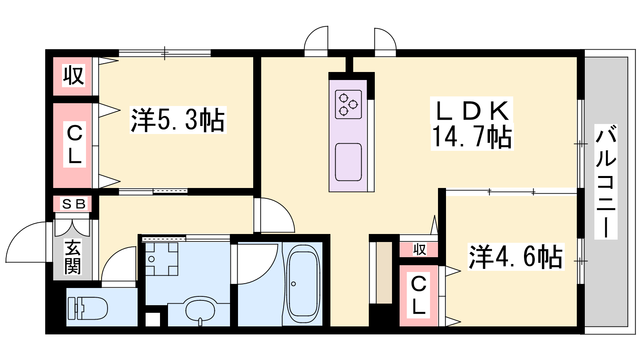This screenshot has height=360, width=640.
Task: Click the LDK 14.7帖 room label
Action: tap(472, 124)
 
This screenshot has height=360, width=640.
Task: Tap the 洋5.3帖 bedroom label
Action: tap(178, 120)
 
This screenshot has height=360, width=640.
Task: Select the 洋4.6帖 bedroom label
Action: tap(516, 256)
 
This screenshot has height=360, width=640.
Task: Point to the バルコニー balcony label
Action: tap(606, 182)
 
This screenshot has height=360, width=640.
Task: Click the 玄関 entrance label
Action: tap(72, 256)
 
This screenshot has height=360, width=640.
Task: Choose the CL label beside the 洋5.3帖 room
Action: tap(74, 145)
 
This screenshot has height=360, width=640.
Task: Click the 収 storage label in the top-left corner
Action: tap(74, 76)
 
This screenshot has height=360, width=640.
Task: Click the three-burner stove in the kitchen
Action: tap(348, 104)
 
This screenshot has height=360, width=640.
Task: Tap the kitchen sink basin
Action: tap(348, 162)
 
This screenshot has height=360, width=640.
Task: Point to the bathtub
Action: tap(303, 284)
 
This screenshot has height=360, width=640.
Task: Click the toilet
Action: tap(88, 308)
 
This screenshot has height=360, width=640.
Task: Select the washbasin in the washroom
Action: tap(200, 310)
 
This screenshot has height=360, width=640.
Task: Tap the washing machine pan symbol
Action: tap(162, 259)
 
